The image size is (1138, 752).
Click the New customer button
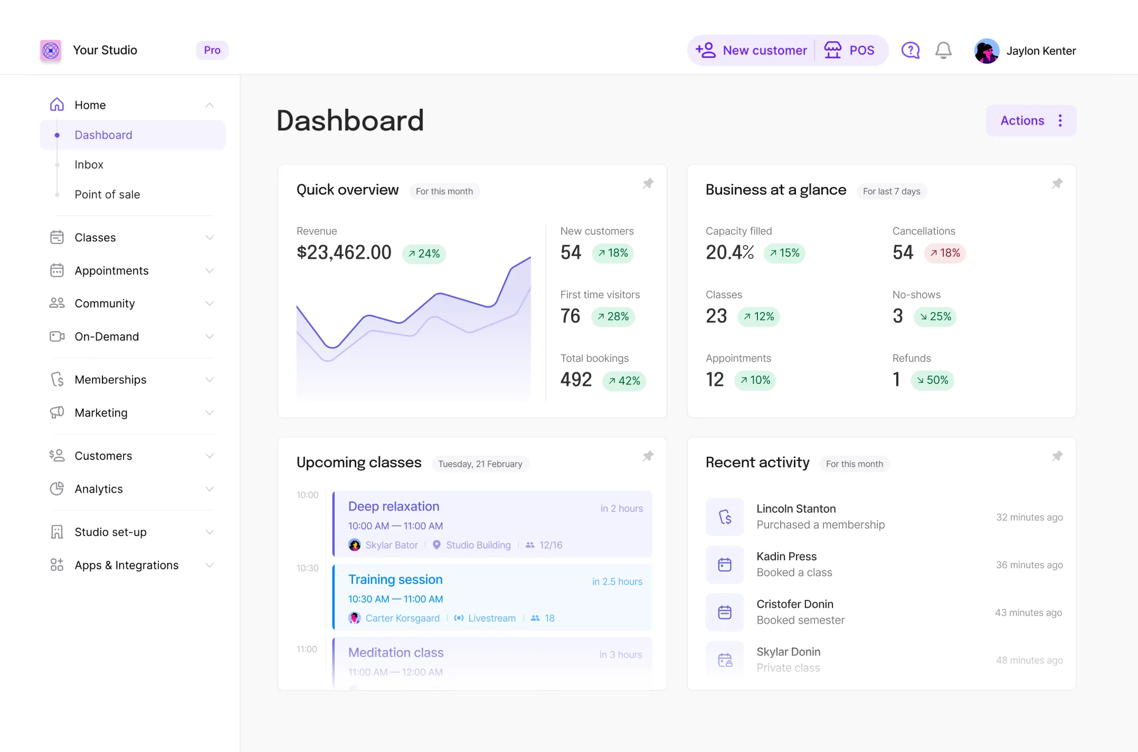point(751,51)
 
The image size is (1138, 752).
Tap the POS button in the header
point(849,51)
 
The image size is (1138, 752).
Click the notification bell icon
point(943,51)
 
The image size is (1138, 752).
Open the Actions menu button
point(1031,121)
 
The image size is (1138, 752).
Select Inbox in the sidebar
point(89,165)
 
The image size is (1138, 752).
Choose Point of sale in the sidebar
point(107,194)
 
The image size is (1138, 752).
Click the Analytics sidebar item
point(99,489)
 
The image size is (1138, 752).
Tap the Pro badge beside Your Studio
point(212,50)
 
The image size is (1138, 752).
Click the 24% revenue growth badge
point(424,254)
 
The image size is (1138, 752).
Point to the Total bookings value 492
point(576,380)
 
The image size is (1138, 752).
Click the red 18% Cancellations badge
point(945,253)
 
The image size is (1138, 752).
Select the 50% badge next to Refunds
point(932,380)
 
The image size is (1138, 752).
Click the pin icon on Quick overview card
point(648,183)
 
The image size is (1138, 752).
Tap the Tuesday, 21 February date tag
point(480,464)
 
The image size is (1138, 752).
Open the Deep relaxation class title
point(394,506)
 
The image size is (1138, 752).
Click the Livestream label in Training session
point(491,618)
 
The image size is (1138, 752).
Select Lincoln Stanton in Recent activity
point(796,509)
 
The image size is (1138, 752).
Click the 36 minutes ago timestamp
point(1029,565)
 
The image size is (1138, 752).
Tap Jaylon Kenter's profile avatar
point(987,51)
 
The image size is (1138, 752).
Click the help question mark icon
point(911,51)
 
